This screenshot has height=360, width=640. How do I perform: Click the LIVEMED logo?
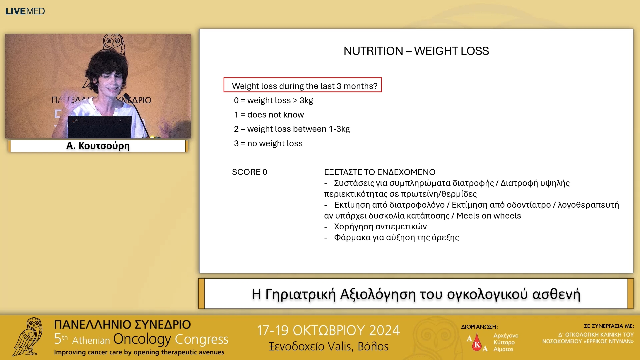click(x=25, y=11)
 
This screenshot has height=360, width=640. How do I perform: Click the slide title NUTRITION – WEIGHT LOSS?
click(x=416, y=51)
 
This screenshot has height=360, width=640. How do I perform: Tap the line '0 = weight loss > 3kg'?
click(x=273, y=100)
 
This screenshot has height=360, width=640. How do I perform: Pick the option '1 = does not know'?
click(x=269, y=115)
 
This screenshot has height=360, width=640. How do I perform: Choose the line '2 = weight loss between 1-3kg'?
click(x=292, y=129)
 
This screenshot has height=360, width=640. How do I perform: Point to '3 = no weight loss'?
click(x=268, y=143)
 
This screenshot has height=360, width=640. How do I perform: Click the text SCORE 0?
click(x=249, y=172)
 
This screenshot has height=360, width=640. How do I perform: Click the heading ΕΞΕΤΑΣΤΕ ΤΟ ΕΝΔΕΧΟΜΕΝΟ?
click(x=379, y=172)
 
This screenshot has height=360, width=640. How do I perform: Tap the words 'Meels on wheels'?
click(x=488, y=216)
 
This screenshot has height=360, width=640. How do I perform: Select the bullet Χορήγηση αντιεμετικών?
click(x=380, y=227)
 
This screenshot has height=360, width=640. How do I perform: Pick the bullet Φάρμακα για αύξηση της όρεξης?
click(x=396, y=238)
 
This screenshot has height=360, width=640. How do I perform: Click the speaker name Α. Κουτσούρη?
click(x=98, y=146)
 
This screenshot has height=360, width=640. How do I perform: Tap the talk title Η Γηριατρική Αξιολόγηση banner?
click(x=416, y=294)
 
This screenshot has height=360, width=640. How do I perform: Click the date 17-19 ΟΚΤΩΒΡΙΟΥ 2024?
click(x=328, y=330)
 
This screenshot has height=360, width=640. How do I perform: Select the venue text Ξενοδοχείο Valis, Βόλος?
click(x=328, y=347)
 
